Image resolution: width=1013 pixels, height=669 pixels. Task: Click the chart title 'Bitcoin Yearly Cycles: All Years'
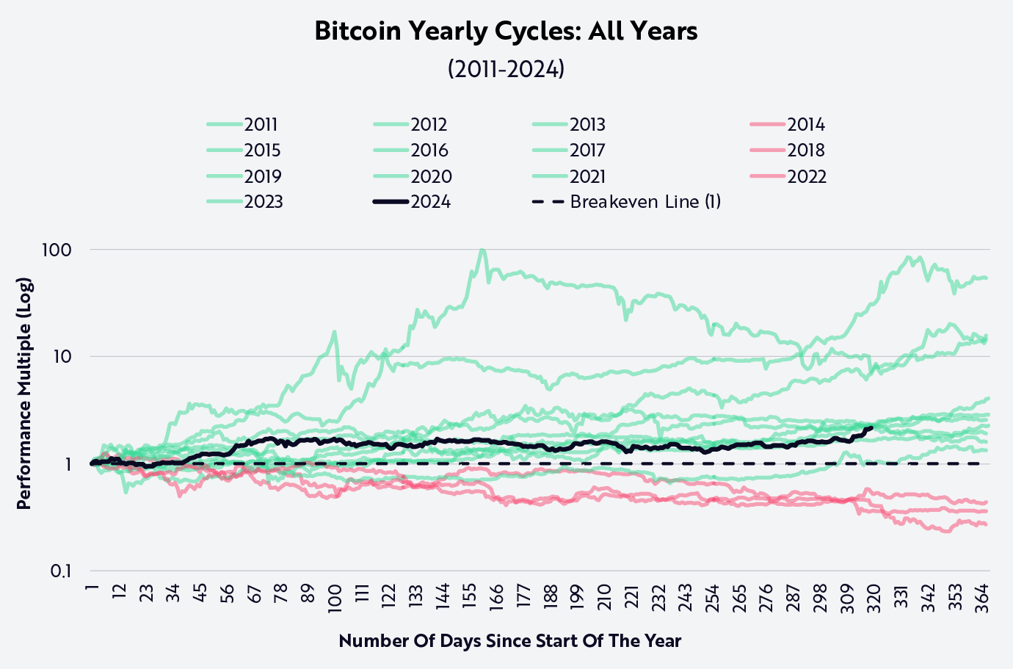point(506,31)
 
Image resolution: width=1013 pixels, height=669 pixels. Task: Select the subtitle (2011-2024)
point(506,69)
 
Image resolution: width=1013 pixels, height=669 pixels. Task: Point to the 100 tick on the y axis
point(57,250)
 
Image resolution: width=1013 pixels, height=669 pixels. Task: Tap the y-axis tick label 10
point(62,357)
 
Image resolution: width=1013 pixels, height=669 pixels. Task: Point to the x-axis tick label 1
point(92,589)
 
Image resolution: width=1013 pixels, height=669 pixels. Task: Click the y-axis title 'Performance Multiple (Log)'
point(23,394)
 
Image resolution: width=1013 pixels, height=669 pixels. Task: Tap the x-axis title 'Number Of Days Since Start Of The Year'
point(509,641)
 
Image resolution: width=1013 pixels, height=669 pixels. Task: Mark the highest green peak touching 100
point(482,250)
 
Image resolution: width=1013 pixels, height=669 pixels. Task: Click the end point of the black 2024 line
point(871,427)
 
